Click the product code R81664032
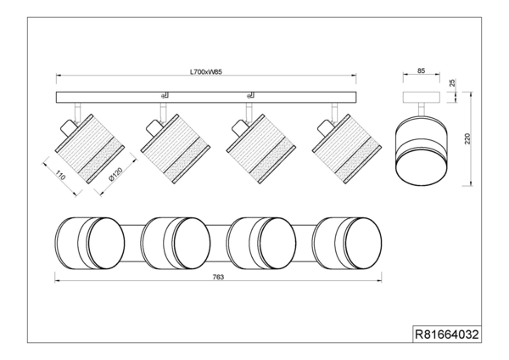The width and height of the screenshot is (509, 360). tap(446, 335)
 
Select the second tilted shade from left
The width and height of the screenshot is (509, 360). tap(176, 146)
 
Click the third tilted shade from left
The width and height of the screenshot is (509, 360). tap(261, 146)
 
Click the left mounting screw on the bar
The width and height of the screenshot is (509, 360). tap(165, 94)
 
